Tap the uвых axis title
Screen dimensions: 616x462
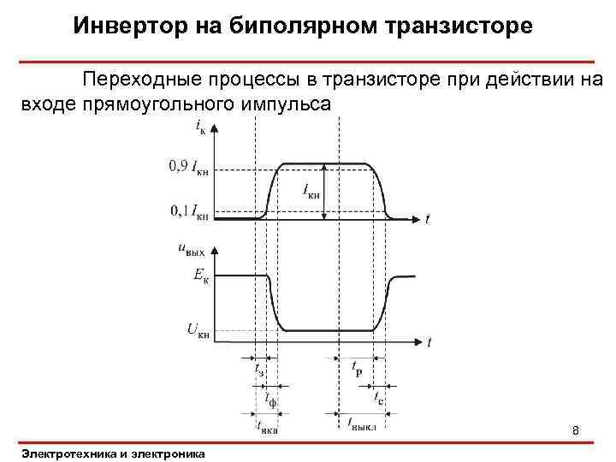pos(192,250)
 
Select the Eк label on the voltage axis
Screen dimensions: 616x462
pos(198,275)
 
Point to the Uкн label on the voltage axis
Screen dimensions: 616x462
pos(196,329)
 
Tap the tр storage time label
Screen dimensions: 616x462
pos(355,368)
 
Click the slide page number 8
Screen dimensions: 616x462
pos(576,429)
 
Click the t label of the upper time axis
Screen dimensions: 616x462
pos(427,221)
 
